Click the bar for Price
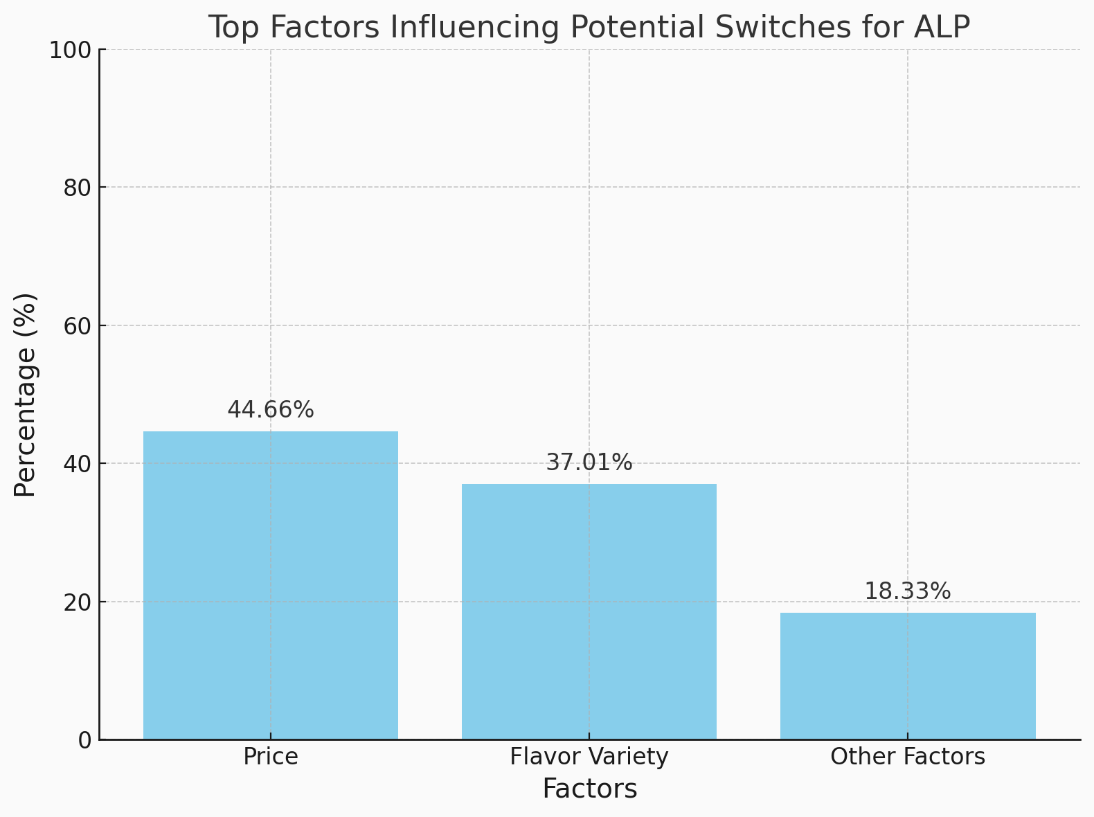[271, 585]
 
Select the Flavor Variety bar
[589, 611]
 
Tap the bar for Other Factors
[908, 676]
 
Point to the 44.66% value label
[271, 410]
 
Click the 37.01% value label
[589, 463]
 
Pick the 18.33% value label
[908, 592]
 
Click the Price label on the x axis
[271, 757]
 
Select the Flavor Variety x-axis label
[589, 757]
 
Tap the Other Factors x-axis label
[908, 757]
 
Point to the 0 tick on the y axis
[84, 740]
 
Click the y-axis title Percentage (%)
[26, 395]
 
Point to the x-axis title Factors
[589, 789]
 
